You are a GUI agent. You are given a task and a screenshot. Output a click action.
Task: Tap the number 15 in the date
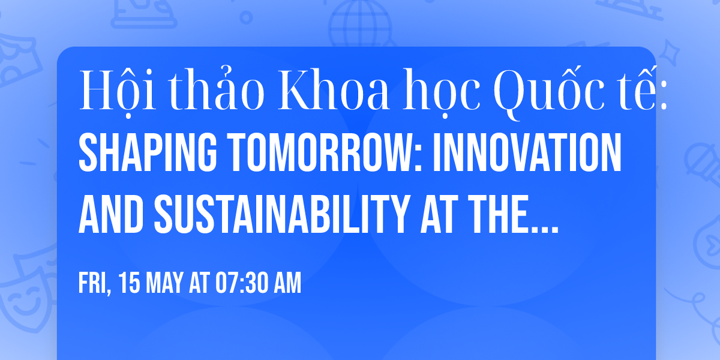pyautogui.click(x=128, y=284)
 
